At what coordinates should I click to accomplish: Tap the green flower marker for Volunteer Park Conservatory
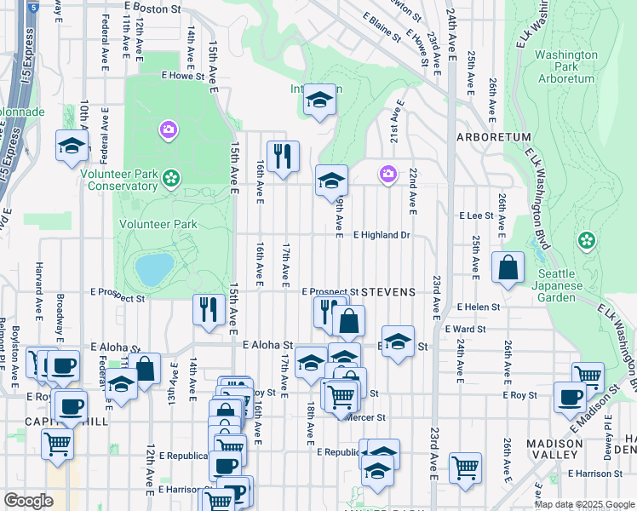(171, 178)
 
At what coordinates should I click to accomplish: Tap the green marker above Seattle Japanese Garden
(586, 241)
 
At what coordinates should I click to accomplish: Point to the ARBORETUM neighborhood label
(493, 137)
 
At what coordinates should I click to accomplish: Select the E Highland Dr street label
(382, 234)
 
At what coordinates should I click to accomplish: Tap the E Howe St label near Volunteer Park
(183, 75)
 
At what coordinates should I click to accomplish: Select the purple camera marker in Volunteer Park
(168, 129)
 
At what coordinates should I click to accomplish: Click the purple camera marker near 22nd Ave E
(387, 174)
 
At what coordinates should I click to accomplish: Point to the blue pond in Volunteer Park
(154, 269)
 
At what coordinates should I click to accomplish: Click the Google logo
(28, 501)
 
